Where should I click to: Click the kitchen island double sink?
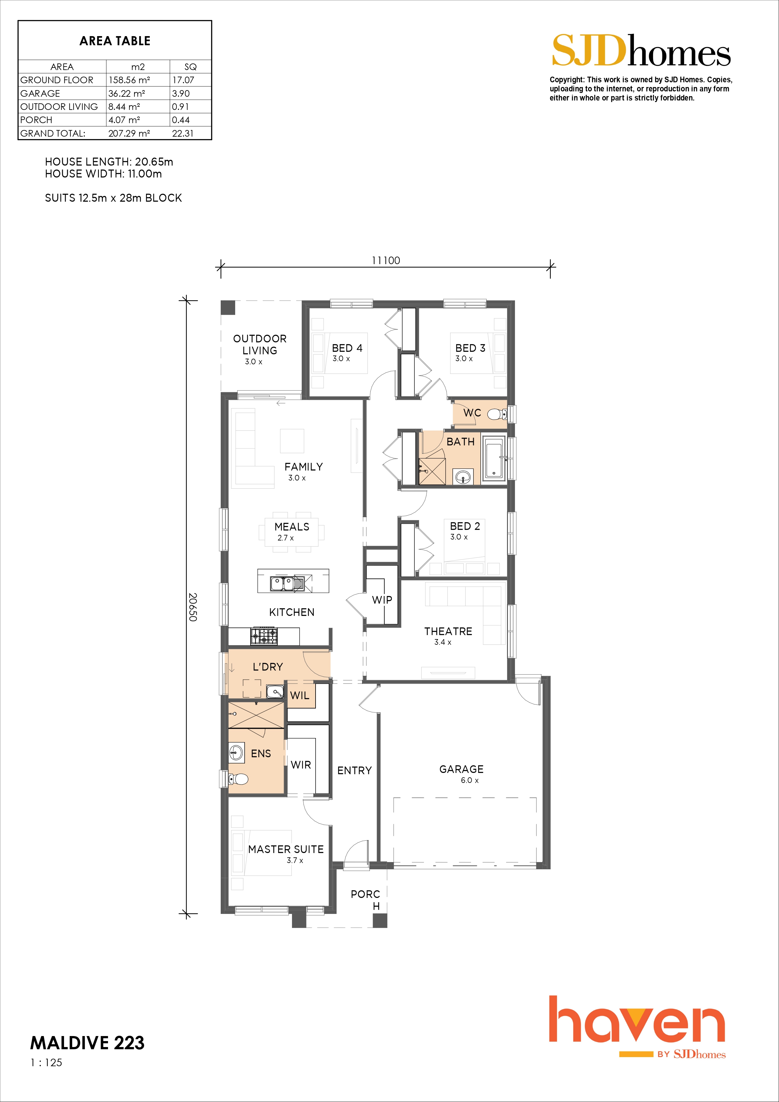287,584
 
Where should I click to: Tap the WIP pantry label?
382,600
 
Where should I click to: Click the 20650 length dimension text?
192,607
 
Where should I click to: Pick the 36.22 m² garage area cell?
127,93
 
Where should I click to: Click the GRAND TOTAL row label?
53,133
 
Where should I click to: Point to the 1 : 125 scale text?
46,1062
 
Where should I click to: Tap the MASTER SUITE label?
286,849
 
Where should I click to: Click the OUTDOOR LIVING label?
260,344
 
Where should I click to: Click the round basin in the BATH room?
463,477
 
